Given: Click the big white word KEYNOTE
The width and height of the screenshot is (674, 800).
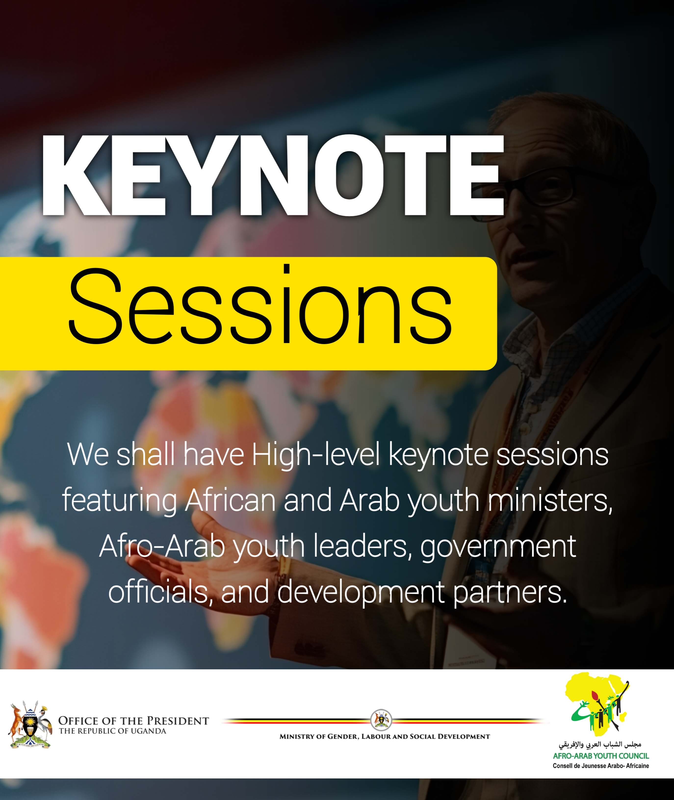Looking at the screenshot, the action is [273, 176].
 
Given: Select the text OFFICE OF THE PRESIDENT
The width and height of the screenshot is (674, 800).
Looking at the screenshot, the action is [133, 721].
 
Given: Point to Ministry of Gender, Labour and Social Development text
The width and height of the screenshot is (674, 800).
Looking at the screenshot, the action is [384, 737].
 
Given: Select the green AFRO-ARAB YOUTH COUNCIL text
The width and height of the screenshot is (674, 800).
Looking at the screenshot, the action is [601, 756].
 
